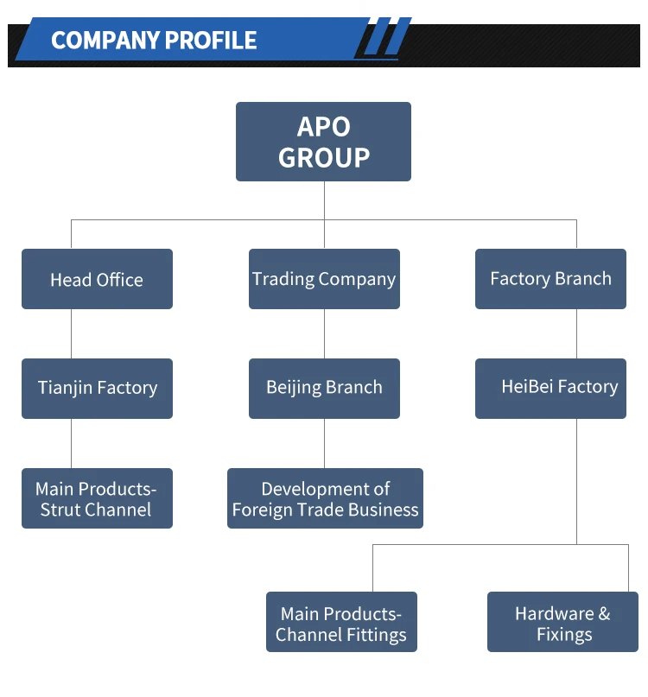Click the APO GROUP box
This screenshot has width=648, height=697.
tap(323, 142)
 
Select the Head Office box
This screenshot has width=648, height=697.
tap(97, 279)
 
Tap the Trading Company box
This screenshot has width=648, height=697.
tap(324, 279)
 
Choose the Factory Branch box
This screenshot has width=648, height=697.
tap(550, 279)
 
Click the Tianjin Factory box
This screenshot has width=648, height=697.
tap(97, 388)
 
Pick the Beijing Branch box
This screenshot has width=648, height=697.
tap(324, 388)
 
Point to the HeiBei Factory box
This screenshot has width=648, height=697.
tap(550, 388)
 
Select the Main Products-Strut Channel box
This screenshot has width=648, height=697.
tap(97, 498)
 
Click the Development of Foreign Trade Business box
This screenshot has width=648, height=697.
tap(325, 498)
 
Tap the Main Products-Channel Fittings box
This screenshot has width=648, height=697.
tap(341, 622)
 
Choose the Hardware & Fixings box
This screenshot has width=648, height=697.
tap(562, 622)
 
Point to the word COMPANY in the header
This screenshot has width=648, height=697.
tap(105, 41)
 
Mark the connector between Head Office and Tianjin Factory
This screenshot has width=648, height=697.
tap(71, 333)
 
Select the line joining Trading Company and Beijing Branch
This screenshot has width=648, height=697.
tap(324, 333)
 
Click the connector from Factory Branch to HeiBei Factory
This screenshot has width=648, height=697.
tap(576, 333)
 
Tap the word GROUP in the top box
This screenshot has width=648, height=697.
tap(324, 157)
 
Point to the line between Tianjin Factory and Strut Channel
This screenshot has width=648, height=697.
tap(71, 443)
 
